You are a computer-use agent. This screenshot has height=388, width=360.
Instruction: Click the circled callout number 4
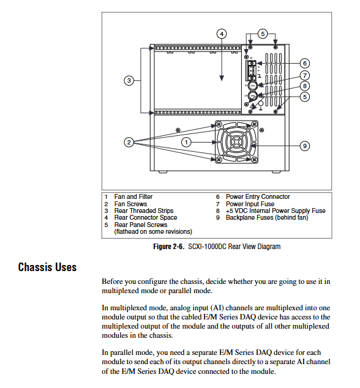coord(222,34)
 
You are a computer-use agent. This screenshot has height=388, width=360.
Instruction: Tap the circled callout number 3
coord(129,81)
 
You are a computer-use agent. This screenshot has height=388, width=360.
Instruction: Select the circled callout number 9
coord(305,146)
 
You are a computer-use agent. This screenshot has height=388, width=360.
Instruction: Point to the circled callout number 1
coord(187,142)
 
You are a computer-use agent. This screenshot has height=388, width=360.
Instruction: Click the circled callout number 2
coord(129,142)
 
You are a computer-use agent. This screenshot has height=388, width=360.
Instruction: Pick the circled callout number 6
coord(305,64)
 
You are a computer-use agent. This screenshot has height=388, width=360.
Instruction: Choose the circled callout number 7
coord(305,75)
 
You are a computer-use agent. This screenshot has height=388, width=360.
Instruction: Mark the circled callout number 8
coord(305,86)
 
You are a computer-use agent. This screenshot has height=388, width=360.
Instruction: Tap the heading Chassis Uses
coord(47,267)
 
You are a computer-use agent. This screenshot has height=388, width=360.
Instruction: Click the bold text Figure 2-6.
coord(169,247)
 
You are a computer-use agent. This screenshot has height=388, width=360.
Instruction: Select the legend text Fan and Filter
coord(133,196)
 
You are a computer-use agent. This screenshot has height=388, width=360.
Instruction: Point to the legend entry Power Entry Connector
coord(258,196)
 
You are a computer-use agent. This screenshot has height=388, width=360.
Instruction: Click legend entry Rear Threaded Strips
coord(144,211)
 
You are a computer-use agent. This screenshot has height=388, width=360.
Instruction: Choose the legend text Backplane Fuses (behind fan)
coord(267,218)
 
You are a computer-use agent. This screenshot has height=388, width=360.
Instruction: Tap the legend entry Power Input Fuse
coord(250,204)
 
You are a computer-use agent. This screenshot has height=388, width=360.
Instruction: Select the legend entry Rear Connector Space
coord(146,218)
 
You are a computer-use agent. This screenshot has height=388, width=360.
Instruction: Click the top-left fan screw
coord(219,124)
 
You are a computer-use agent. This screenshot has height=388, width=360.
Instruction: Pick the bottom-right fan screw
coord(254,160)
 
